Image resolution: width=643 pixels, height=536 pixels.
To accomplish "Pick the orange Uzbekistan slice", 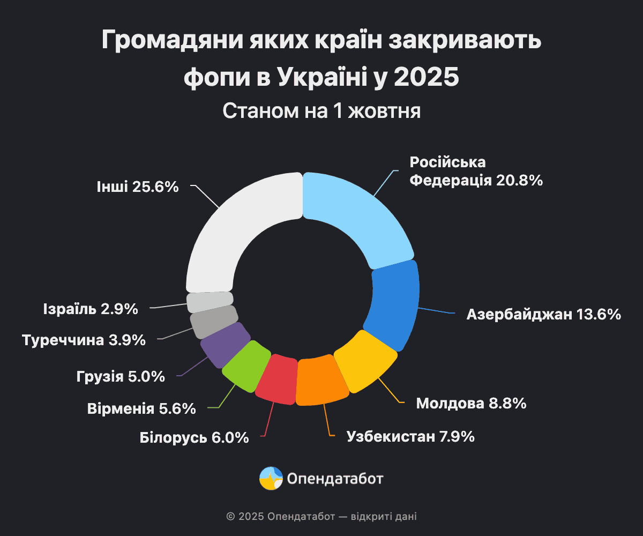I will point(322,381).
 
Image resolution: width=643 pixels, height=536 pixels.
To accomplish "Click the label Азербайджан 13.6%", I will point(543,314).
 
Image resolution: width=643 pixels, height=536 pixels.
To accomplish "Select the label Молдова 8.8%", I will point(471,403).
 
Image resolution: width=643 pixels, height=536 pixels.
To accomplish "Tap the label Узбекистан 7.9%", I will point(410,437).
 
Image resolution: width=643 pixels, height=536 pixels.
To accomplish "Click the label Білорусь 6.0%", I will point(194,437).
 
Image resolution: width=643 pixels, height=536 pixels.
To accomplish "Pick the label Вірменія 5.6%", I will point(141,409).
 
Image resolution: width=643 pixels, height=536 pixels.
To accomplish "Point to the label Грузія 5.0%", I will point(120,377).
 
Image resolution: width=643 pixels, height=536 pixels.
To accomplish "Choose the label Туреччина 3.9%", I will point(84,340).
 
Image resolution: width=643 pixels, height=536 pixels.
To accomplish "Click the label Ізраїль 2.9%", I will point(90,309).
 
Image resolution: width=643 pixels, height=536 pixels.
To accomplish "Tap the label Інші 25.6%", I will point(137,187).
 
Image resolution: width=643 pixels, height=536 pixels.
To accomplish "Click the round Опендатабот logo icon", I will point(271,478).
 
